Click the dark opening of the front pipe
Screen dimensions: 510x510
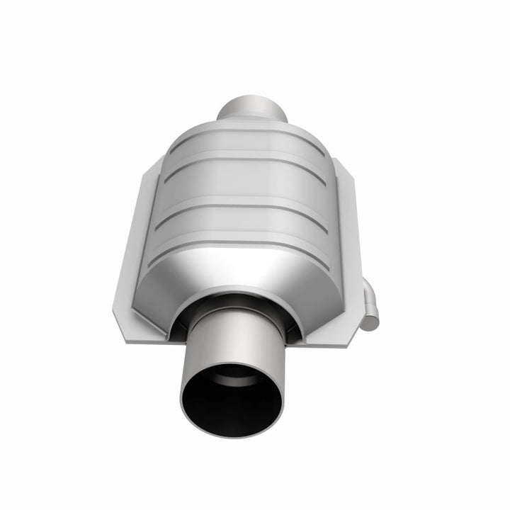pyautogui.click(x=231, y=400)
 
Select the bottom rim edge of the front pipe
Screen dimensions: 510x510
pyautogui.click(x=231, y=434)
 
